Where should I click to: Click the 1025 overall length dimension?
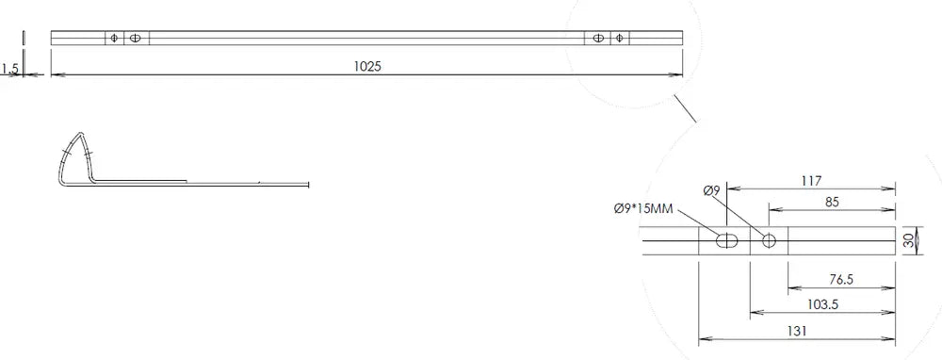(x=367, y=66)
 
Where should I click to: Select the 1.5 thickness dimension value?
(x=10, y=71)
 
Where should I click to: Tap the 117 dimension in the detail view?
(x=811, y=180)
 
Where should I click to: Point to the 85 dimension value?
(x=832, y=202)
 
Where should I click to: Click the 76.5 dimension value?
(x=841, y=280)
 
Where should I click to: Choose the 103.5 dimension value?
(x=823, y=304)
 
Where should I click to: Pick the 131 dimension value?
(x=796, y=331)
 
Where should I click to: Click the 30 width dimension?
(x=908, y=240)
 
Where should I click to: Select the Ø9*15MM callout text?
(x=642, y=208)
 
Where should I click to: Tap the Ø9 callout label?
(x=711, y=190)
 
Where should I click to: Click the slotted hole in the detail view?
(x=727, y=241)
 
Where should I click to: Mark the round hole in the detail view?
(x=769, y=241)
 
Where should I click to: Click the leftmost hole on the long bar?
(x=114, y=39)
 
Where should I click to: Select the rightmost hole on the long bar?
(x=620, y=39)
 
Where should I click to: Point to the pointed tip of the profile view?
(x=79, y=132)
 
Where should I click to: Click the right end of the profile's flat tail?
(x=308, y=185)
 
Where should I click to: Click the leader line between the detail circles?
(x=685, y=108)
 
